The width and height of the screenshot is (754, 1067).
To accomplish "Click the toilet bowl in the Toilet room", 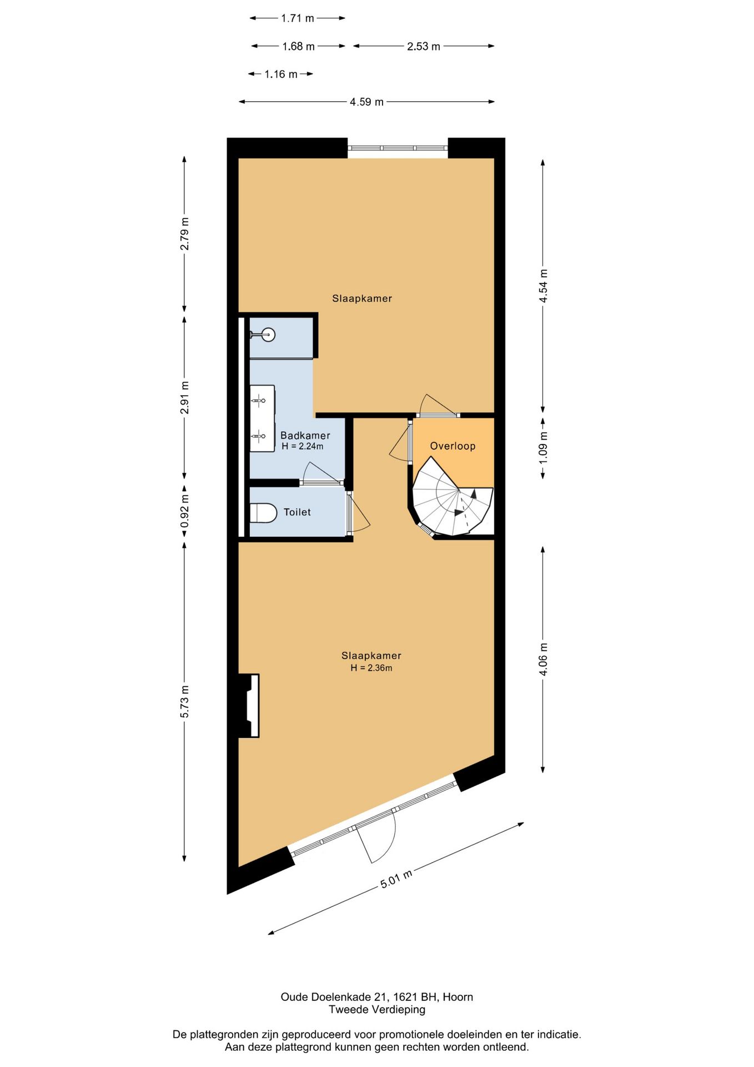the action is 263,513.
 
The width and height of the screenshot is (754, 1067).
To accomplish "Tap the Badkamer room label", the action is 305,436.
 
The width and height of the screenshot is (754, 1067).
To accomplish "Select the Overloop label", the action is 453,446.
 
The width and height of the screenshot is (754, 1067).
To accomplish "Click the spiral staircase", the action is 453,497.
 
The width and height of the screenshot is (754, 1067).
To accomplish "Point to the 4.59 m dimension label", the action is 366,102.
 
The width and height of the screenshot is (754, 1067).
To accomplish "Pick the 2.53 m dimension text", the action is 424,46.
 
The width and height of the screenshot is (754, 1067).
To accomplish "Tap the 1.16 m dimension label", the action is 281,74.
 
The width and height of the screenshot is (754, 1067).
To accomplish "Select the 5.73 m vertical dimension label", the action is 184,701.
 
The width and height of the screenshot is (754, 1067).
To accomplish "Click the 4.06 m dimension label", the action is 543,659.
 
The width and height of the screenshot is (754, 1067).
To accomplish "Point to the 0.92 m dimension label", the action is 184,511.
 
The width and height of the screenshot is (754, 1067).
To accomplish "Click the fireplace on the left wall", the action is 249,706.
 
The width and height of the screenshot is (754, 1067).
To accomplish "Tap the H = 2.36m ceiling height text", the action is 371,668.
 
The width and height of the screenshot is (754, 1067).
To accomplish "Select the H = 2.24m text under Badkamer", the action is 303,446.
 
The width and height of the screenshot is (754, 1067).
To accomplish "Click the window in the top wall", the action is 398,148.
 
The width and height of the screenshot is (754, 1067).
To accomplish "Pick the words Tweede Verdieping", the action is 377,1010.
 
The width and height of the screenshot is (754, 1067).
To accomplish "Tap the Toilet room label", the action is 297,512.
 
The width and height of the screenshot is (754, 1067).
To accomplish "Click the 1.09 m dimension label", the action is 543,448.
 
